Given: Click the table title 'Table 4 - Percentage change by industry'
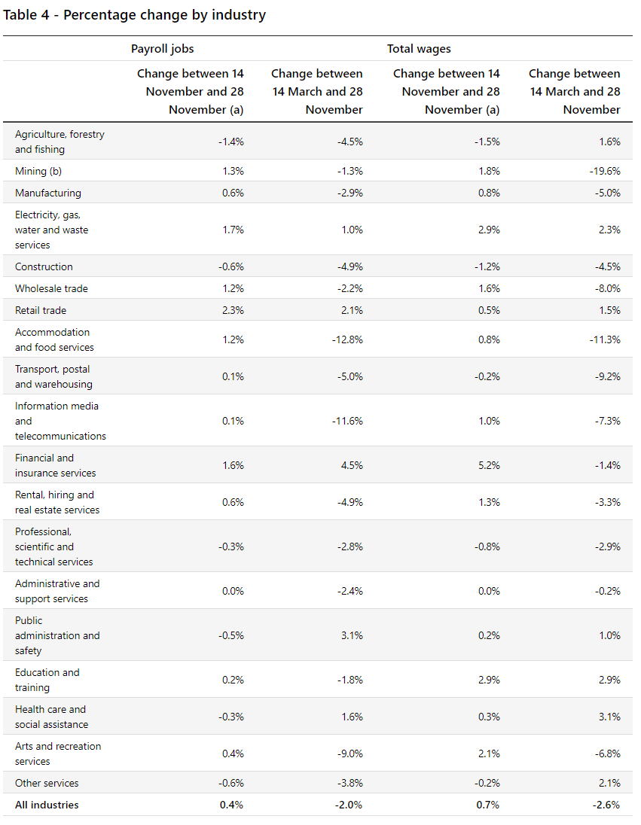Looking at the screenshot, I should point(135,15).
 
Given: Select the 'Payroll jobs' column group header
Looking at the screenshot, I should point(162,49).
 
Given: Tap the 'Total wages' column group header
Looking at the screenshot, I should point(419,49).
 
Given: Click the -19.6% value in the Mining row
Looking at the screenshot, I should point(606,171).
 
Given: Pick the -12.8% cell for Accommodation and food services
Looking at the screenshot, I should point(347,339).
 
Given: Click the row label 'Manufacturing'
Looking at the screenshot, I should point(48,193).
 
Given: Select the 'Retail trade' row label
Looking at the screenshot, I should point(41,310).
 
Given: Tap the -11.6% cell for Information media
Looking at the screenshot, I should point(347,421).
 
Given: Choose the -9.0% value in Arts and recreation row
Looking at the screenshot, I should point(349,753).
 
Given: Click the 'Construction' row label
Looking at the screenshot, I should point(44,266).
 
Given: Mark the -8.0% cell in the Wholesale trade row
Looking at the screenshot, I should point(607,288).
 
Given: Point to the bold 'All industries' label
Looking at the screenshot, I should point(47,805).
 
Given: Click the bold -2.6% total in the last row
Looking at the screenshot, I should point(606,805).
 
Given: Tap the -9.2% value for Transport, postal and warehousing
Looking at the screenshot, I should point(607,376).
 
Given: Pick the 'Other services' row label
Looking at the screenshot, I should point(47,783).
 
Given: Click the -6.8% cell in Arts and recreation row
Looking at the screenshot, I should point(607,753).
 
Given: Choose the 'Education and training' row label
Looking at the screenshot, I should point(47,680).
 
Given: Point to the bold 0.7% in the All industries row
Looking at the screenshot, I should point(488,805).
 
